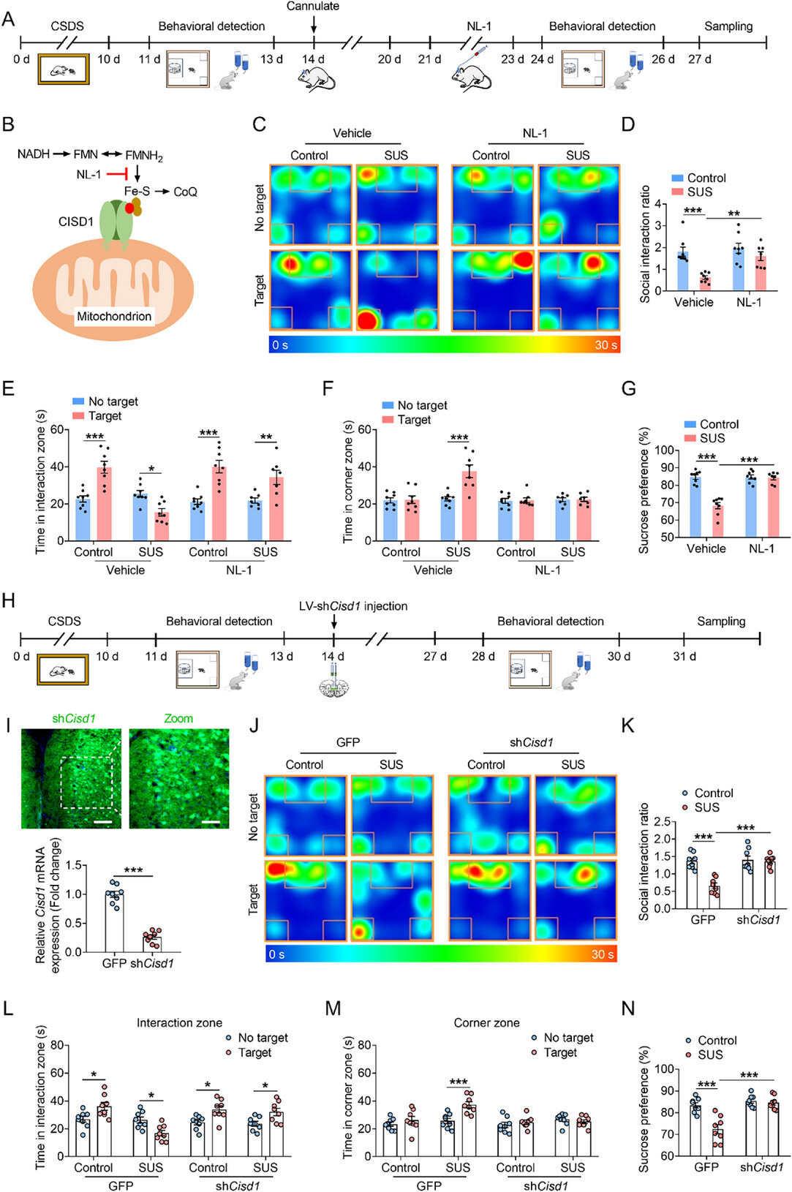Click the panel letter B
pos(8,124)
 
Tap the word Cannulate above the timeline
pos(313,7)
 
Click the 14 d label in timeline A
pos(313,59)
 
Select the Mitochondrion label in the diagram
pos(114,317)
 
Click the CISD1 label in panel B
pos(75,222)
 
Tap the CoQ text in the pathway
pos(185,192)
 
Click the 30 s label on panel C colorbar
pos(606,344)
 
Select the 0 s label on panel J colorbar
pos(277,954)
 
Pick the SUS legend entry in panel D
pos(699,192)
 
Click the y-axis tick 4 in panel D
pos(658,204)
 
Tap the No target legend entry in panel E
pos(113,401)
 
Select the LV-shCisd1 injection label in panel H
pos(353,606)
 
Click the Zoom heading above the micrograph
pos(178,719)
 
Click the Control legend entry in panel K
pos(713,793)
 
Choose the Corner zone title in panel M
pos(486,1023)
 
